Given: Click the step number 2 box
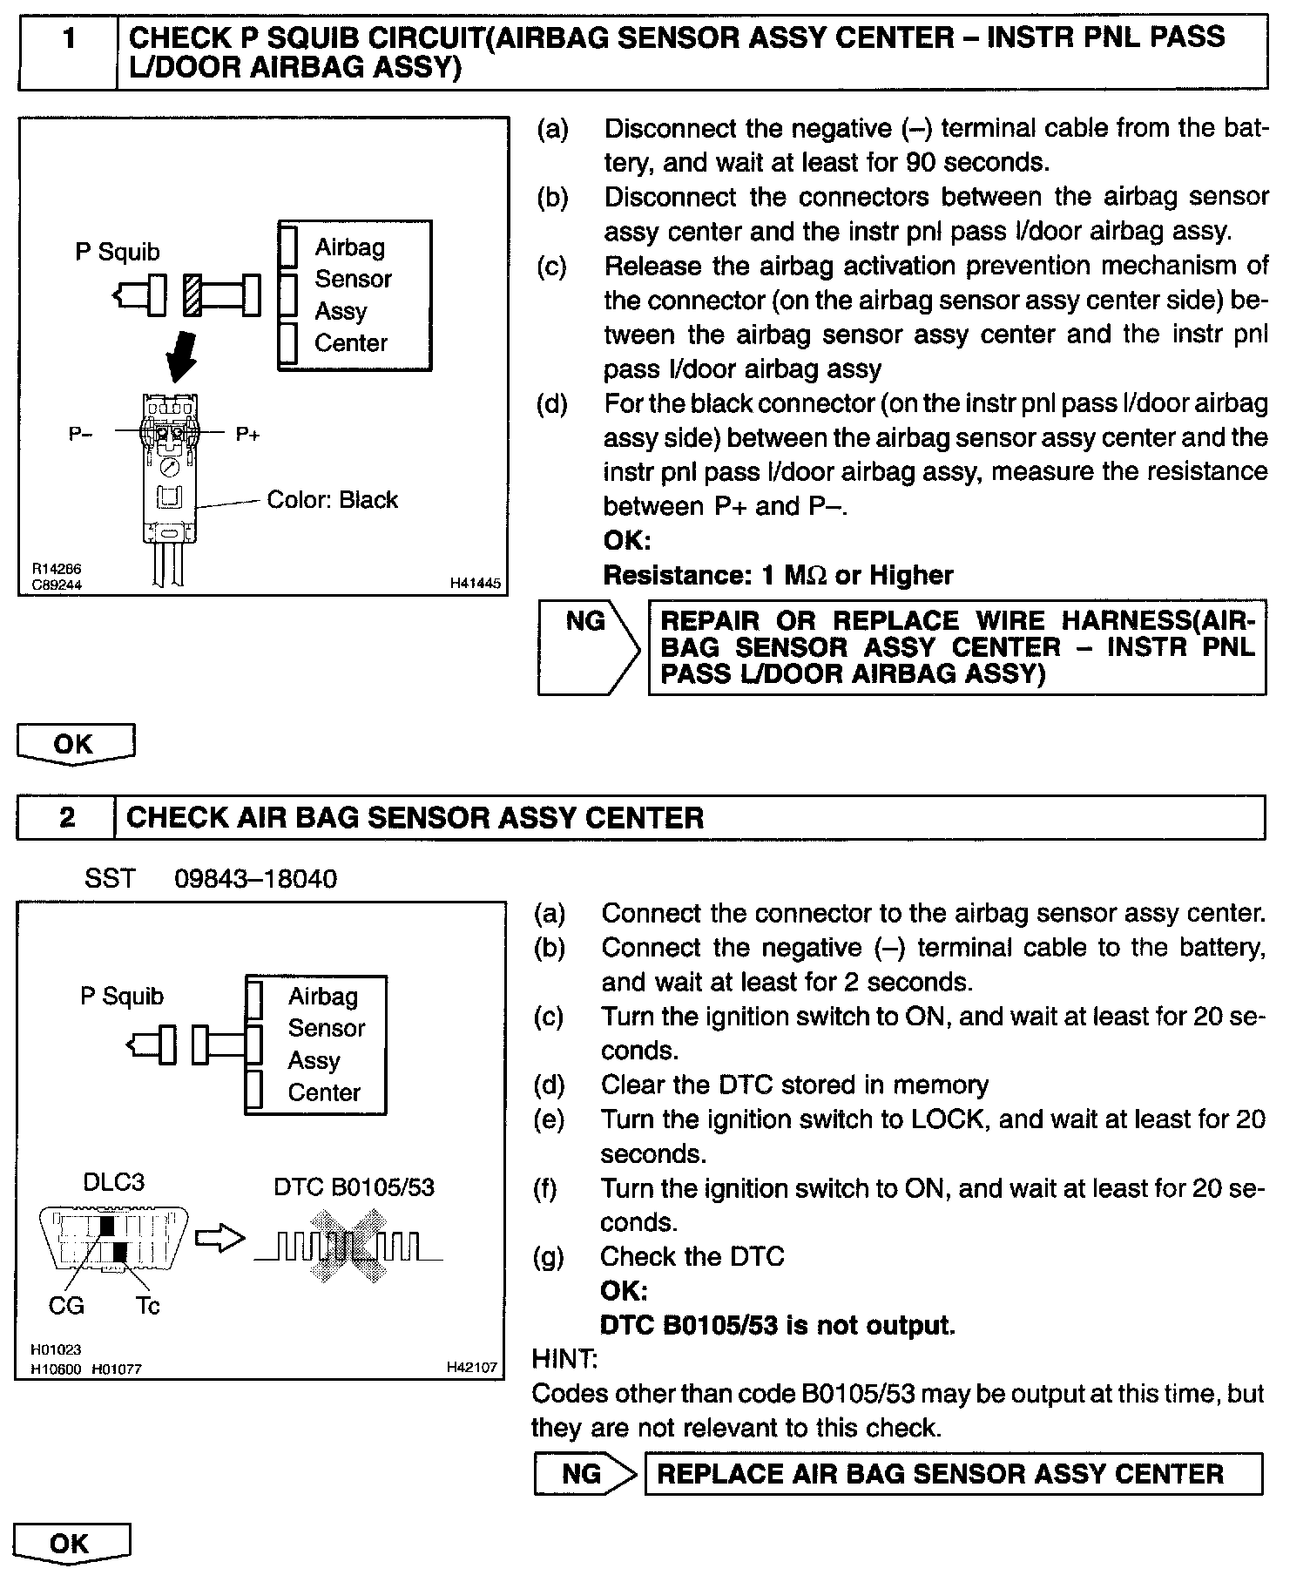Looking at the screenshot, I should tap(66, 817).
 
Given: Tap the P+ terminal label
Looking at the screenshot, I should tap(248, 434).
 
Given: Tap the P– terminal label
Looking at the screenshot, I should tap(81, 434).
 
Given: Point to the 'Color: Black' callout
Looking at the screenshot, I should tap(332, 500).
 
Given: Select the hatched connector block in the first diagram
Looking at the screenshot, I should tap(192, 295).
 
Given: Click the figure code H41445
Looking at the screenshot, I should tap(476, 584).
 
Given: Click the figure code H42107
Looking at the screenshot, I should tap(472, 1368).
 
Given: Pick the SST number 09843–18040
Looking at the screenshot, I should tap(255, 878).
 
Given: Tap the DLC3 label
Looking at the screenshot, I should tap(113, 1182).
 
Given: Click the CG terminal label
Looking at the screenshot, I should tap(66, 1305).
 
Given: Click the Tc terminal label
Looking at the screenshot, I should tap(147, 1305).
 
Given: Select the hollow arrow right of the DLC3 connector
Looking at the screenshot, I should tap(219, 1239).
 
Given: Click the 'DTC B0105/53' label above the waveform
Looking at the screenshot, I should tap(354, 1186).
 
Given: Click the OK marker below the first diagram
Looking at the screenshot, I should tap(75, 744).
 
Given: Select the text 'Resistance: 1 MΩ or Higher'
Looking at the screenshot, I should tap(778, 575).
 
